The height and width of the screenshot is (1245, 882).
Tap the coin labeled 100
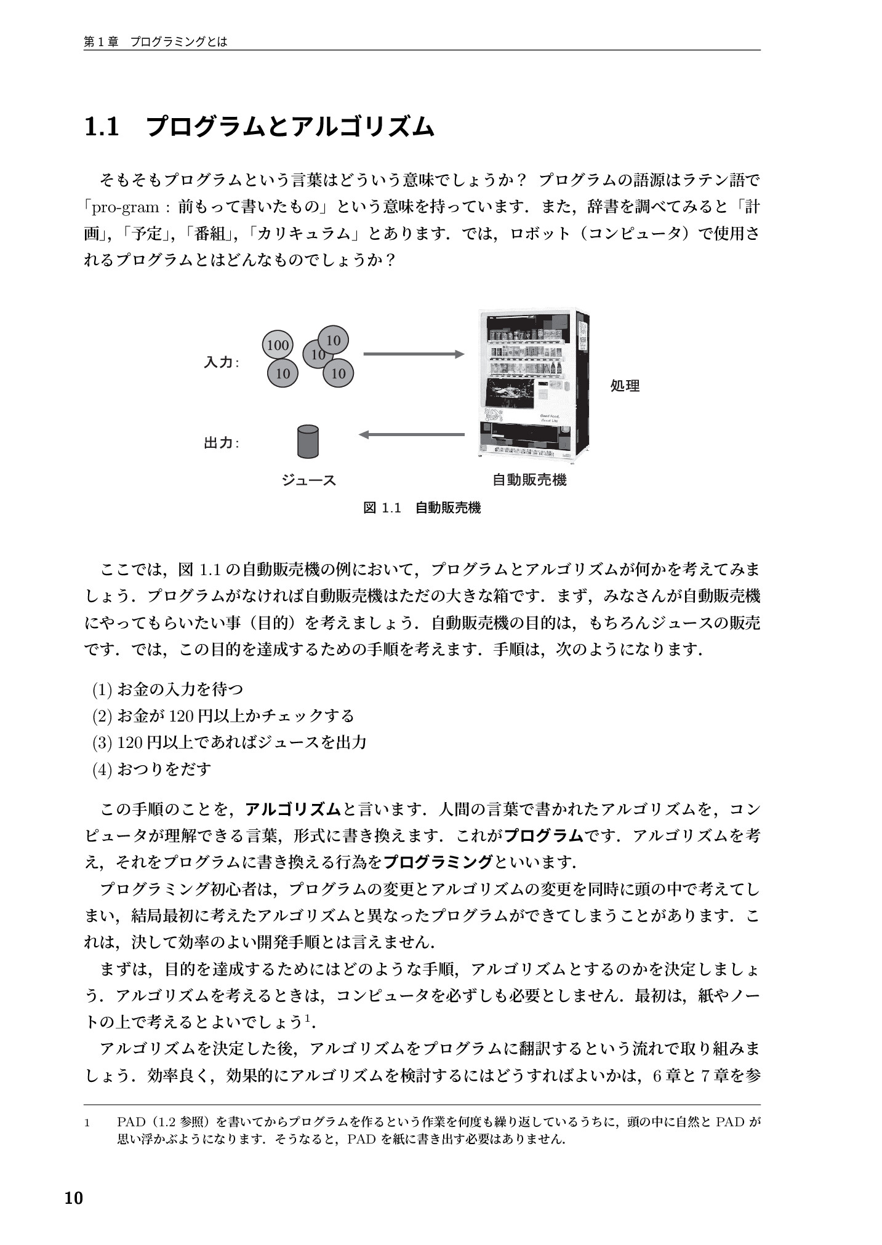[278, 345]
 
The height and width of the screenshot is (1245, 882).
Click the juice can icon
[308, 442]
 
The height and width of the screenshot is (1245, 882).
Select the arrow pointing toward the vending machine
[413, 354]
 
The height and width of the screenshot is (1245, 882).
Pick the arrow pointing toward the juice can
[411, 434]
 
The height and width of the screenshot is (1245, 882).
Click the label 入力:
[221, 362]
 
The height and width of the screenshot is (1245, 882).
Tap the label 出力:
[221, 443]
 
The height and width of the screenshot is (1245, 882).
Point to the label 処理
[625, 386]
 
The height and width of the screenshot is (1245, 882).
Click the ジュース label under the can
[308, 480]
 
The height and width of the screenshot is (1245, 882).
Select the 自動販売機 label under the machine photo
[529, 480]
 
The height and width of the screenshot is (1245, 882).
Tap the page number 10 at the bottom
[73, 1198]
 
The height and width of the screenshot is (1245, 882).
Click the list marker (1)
[102, 690]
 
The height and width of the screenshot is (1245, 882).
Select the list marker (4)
[102, 770]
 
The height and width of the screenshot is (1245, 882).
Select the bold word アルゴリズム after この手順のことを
[293, 809]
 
